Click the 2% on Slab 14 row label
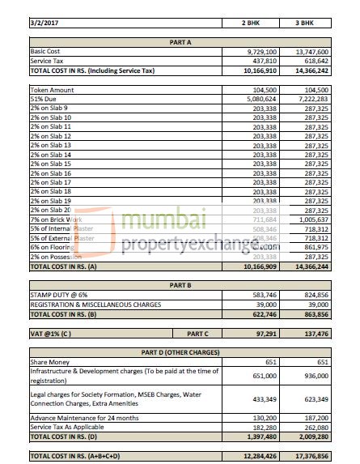click(x=50, y=155)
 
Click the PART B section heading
click(x=179, y=286)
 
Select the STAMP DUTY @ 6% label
click(x=59, y=296)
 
